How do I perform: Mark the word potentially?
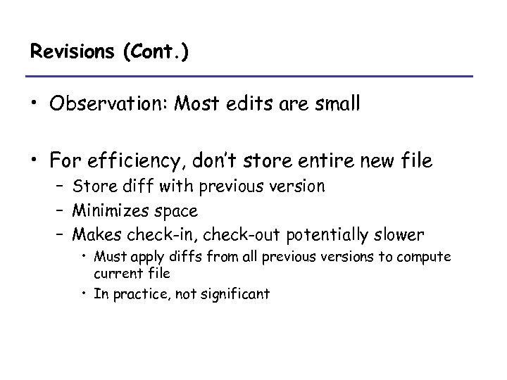click(x=322, y=234)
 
